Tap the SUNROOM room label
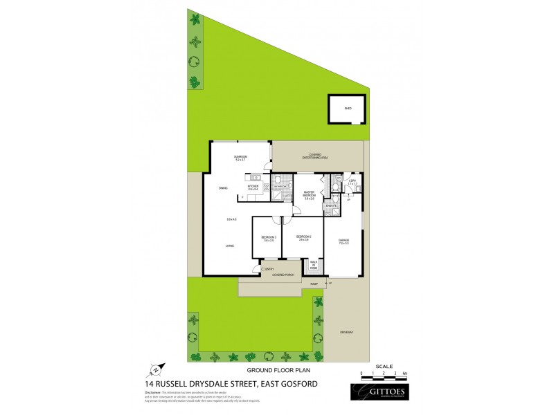click(241, 158)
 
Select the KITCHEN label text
click(253, 187)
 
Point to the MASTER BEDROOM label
click(309, 194)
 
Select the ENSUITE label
click(331, 205)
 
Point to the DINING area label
click(223, 187)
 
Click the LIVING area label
click(229, 245)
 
